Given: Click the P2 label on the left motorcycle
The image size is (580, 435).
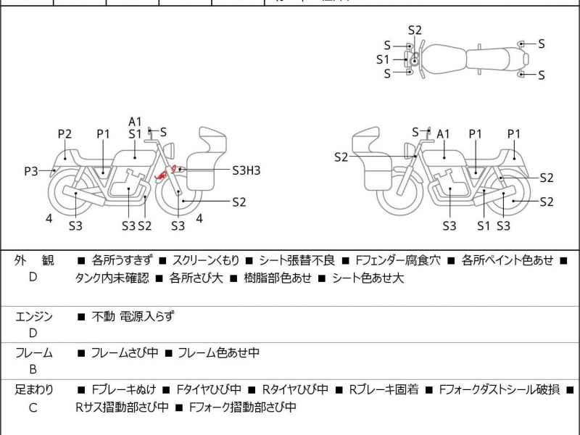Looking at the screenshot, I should pyautogui.click(x=65, y=133).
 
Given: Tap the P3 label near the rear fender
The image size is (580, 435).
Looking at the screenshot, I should pyautogui.click(x=31, y=171).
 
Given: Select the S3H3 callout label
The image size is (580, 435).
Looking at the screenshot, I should pyautogui.click(x=246, y=170).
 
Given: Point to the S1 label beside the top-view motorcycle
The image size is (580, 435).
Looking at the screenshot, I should pyautogui.click(x=383, y=59).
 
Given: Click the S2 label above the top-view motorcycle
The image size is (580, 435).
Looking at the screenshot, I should pyautogui.click(x=415, y=30).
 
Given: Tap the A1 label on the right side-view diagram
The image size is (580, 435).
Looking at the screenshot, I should pyautogui.click(x=444, y=133).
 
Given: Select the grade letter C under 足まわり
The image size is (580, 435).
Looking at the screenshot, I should pyautogui.click(x=33, y=407).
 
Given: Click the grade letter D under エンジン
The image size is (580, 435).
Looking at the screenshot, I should pyautogui.click(x=33, y=333).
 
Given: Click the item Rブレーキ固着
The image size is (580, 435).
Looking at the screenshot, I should pyautogui.click(x=384, y=390).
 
